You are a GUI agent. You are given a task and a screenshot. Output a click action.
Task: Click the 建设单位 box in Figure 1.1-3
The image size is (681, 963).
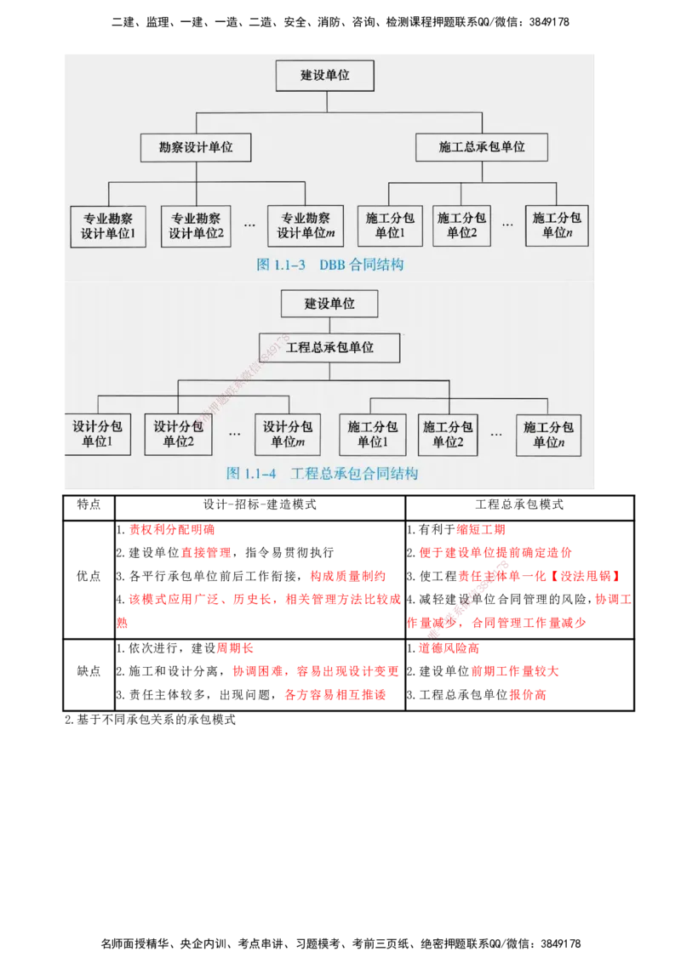click(x=325, y=76)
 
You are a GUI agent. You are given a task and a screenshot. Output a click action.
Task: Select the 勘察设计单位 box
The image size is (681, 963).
click(x=197, y=147)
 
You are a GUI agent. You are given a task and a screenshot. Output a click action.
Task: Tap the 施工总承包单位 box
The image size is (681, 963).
click(x=482, y=147)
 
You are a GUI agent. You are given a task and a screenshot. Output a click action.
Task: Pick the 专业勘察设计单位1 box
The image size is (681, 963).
click(x=108, y=225)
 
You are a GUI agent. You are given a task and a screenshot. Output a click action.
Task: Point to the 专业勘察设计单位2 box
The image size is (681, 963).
click(x=196, y=225)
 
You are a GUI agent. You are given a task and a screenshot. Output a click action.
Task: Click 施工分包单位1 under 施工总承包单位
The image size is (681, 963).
click(x=390, y=225)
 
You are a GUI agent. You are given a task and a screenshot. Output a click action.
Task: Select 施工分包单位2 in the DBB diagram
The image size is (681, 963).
click(x=462, y=225)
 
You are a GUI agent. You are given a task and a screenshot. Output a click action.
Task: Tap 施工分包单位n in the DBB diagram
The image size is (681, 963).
click(x=558, y=225)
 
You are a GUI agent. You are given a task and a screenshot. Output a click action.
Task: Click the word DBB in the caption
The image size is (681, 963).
click(x=333, y=265)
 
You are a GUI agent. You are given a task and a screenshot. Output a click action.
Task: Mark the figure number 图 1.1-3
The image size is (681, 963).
click(x=281, y=265)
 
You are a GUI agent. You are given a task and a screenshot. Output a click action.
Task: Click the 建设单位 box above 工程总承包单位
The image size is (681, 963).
click(x=329, y=304)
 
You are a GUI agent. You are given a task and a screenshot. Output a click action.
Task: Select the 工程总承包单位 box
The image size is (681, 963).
click(x=329, y=347)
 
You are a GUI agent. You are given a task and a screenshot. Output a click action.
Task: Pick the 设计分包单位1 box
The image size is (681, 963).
click(x=96, y=434)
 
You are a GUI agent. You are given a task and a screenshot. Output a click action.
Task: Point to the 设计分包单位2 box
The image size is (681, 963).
click(x=179, y=434)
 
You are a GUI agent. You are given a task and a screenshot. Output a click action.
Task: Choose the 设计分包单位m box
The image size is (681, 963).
click(x=288, y=434)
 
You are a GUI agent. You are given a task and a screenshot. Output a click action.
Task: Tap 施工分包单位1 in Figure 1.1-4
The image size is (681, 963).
click(x=370, y=434)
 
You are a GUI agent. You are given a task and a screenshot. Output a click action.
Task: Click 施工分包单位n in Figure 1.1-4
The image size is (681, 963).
click(x=548, y=434)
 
